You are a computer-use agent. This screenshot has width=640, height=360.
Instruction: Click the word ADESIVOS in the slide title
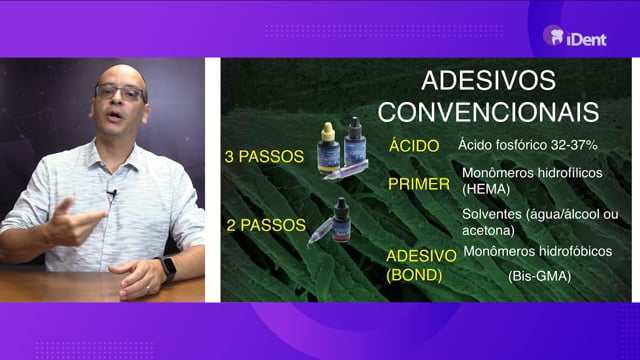click(x=488, y=80)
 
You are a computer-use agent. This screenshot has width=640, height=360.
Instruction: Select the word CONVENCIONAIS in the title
click(x=488, y=111)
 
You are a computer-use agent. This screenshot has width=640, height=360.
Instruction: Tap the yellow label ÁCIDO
click(x=414, y=145)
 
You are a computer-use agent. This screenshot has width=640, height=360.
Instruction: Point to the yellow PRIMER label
click(x=419, y=184)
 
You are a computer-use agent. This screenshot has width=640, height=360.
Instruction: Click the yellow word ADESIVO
click(x=421, y=256)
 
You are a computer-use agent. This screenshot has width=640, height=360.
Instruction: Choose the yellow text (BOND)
click(x=414, y=276)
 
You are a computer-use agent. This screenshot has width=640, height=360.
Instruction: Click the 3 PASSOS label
click(x=264, y=156)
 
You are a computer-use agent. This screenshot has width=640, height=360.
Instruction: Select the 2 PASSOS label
click(x=266, y=225)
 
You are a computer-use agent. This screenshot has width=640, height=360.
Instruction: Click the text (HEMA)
click(x=486, y=189)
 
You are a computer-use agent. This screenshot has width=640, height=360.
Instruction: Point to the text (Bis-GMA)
click(x=540, y=276)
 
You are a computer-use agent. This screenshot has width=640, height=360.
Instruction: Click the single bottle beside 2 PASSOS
click(x=341, y=220)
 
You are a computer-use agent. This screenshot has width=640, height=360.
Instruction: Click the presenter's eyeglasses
click(x=120, y=92)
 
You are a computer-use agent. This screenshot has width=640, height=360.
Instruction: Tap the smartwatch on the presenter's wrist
click(x=169, y=268)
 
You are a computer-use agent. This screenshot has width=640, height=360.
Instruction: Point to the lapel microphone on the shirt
click(x=111, y=193)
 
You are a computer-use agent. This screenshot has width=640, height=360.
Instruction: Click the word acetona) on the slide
click(x=488, y=231)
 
